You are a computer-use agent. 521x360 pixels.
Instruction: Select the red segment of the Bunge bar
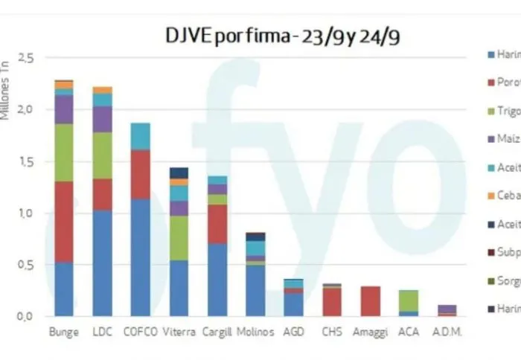(x=63, y=222)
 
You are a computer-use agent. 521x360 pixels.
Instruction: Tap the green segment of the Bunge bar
(x=63, y=152)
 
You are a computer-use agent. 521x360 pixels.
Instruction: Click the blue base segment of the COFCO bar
(x=139, y=257)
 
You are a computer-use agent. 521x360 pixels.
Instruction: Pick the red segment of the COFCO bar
(x=139, y=174)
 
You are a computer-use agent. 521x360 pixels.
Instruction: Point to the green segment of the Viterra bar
(x=179, y=237)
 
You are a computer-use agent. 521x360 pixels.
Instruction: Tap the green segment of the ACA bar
(x=407, y=300)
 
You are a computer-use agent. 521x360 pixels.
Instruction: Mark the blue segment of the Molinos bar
(x=255, y=290)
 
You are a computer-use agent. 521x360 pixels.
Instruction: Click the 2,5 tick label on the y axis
(x=26, y=57)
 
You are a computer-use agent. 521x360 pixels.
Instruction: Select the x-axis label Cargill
(x=217, y=332)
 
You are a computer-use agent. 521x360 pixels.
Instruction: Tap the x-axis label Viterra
(x=179, y=332)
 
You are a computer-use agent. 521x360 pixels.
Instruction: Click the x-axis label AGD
(x=293, y=332)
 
